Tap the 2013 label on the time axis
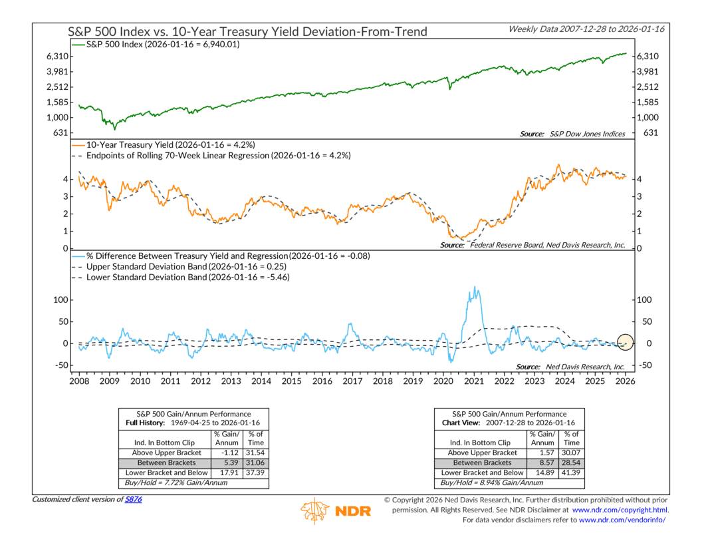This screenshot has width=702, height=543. tap(231, 381)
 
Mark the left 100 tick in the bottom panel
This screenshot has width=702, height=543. tap(59, 299)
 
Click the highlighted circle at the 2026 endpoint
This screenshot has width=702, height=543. tap(625, 343)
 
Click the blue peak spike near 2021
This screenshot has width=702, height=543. tap(475, 287)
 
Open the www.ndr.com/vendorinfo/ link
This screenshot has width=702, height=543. tap(623, 520)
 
